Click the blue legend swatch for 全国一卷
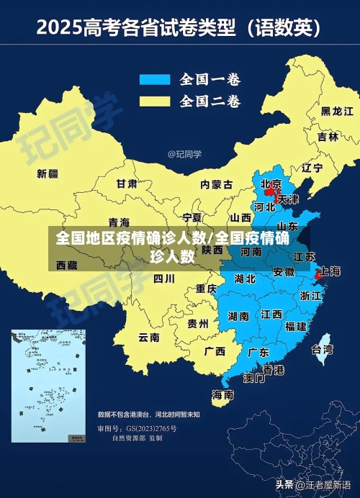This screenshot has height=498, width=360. coord(154,78)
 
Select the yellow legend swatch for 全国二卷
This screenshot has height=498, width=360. coord(154,100)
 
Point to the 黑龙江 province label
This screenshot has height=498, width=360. coord(336,112)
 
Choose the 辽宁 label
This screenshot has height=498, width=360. coord(312,168)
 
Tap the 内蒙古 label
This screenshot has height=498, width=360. coord(216,184)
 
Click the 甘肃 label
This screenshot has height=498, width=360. coord(127,184)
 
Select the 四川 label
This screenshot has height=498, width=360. coord(164,278)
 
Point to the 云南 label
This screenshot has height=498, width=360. coord(149,336)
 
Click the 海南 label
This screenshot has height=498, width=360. coord(222,394)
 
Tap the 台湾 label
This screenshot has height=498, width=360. coord(322,350)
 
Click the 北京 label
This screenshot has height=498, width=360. coord(271,184)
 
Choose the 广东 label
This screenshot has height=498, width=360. coord(258,353)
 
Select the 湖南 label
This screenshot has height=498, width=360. coord(238,315)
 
